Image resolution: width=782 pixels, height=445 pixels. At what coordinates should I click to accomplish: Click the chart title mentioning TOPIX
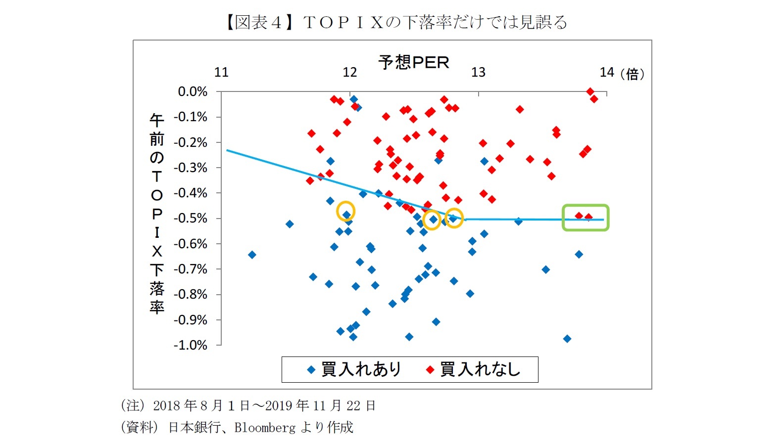click(x=396, y=22)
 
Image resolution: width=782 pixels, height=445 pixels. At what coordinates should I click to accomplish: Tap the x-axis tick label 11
click(x=221, y=72)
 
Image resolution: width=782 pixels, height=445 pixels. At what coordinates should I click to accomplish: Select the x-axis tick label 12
click(x=349, y=72)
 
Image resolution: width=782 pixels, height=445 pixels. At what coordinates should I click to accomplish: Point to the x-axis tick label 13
click(x=478, y=72)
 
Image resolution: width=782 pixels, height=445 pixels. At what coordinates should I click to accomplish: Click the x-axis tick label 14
click(x=607, y=72)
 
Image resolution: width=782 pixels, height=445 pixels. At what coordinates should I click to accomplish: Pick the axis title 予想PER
click(x=414, y=62)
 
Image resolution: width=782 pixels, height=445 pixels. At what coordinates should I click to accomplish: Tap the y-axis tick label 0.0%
click(x=193, y=91)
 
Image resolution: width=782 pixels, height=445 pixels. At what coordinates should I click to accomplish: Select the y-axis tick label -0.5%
click(x=191, y=218)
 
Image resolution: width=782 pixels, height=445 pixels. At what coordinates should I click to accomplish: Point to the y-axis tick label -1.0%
click(x=191, y=345)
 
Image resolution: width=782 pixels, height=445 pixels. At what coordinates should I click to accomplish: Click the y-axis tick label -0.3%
click(x=191, y=168)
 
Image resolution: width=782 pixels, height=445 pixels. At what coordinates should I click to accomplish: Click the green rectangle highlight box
click(x=586, y=218)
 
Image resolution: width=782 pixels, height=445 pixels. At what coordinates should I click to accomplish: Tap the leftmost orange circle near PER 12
click(x=345, y=211)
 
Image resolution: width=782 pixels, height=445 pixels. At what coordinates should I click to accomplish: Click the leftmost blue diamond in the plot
click(x=252, y=255)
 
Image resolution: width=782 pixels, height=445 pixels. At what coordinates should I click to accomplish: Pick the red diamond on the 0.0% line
click(x=590, y=91)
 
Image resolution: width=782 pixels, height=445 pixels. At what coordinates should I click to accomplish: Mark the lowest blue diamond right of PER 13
click(x=567, y=339)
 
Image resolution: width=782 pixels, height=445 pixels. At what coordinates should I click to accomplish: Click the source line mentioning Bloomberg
click(x=237, y=427)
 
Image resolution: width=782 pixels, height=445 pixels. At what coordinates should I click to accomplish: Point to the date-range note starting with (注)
click(x=248, y=406)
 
